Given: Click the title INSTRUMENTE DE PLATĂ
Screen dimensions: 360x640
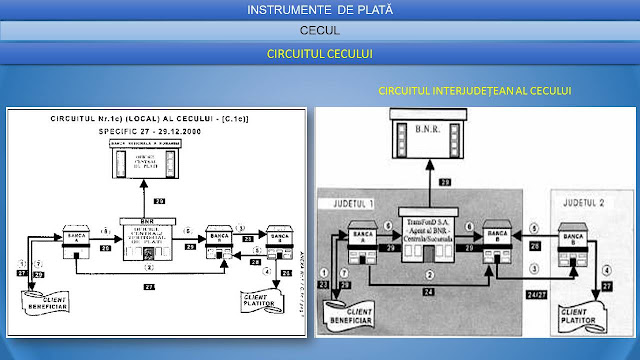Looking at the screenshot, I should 320,10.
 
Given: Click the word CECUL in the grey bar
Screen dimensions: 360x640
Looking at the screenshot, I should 320,31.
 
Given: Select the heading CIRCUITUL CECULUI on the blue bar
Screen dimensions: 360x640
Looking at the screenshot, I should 320,52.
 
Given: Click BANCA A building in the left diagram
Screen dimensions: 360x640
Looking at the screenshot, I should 76,239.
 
